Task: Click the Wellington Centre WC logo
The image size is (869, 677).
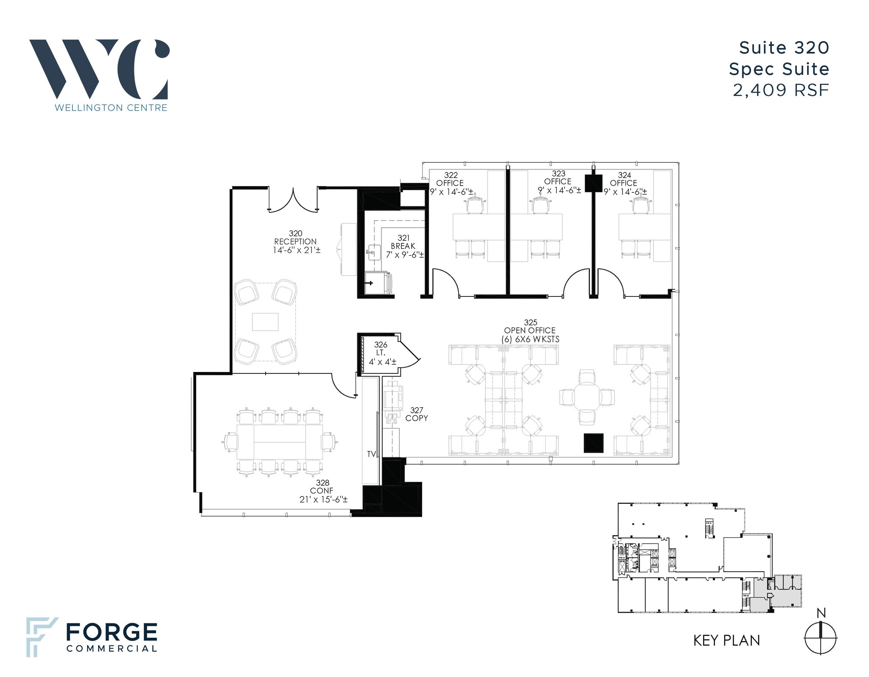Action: (99, 70)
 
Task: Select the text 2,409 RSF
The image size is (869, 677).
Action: (781, 90)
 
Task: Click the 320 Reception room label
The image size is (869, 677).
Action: (296, 242)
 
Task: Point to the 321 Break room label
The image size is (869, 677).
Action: (404, 246)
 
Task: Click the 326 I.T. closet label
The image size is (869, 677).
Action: (381, 353)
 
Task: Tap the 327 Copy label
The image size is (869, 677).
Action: (416, 414)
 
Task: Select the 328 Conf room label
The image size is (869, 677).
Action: (323, 491)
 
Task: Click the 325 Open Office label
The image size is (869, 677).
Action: (530, 330)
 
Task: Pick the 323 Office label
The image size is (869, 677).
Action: (558, 182)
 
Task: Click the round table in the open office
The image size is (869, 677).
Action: (587, 397)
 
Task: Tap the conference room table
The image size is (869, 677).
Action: (280, 441)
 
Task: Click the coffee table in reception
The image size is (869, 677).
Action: (265, 322)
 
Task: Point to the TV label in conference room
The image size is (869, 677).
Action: (372, 454)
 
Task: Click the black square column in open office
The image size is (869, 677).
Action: (594, 443)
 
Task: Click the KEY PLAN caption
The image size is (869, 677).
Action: (726, 640)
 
